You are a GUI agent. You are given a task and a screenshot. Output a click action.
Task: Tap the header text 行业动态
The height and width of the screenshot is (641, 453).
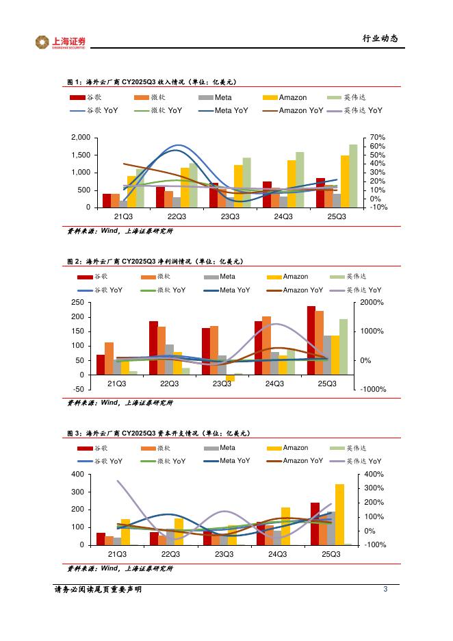pyautogui.click(x=380, y=38)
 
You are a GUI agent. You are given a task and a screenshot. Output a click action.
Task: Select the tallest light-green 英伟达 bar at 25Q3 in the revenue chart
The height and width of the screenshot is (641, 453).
pyautogui.click(x=353, y=175)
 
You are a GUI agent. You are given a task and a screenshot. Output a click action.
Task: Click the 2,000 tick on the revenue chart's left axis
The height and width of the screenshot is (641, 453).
pyautogui.click(x=81, y=138)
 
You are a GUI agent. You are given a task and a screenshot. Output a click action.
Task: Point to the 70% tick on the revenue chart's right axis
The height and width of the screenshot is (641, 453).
pyautogui.click(x=376, y=138)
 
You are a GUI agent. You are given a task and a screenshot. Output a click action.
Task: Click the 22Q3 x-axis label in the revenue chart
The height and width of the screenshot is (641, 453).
pyautogui.click(x=177, y=216)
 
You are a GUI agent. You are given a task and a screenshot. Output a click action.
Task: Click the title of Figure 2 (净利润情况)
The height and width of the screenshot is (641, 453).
pyautogui.click(x=155, y=262)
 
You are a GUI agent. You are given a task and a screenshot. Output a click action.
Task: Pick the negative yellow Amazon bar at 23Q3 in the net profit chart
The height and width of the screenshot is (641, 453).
pyautogui.click(x=230, y=378)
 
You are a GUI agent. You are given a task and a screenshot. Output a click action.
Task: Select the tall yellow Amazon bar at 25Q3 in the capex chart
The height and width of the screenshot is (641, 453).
pyautogui.click(x=339, y=514)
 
